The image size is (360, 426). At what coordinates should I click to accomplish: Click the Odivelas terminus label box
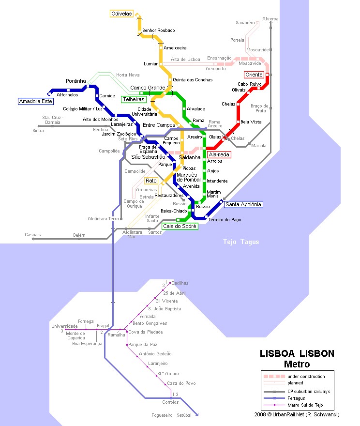[x=121, y=14]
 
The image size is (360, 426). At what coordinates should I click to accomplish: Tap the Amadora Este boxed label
[x=35, y=102]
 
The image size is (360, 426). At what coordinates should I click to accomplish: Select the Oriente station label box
[x=254, y=75]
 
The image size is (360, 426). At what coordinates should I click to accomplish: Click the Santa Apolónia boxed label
[x=243, y=204]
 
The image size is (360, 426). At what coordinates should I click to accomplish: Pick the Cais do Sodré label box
[x=179, y=226]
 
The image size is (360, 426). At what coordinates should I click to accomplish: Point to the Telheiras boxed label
[x=133, y=99]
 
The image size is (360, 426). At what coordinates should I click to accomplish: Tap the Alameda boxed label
[x=218, y=155]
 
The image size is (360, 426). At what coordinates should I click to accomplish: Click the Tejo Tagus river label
[x=240, y=242]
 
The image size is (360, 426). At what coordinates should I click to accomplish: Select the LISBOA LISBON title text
[x=297, y=354]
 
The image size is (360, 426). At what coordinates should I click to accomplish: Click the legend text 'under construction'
[x=306, y=376]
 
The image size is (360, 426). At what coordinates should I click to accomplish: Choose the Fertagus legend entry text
[x=297, y=398]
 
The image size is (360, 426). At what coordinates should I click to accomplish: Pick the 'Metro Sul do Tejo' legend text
[x=305, y=405]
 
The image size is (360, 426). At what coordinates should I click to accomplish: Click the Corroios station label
[x=170, y=402]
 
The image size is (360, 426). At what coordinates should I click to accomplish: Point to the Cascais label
[x=33, y=235]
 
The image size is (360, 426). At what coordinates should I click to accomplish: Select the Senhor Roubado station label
[x=158, y=30]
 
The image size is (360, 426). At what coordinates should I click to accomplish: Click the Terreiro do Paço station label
[x=225, y=220]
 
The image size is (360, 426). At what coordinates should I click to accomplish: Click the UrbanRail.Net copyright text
[x=297, y=414]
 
